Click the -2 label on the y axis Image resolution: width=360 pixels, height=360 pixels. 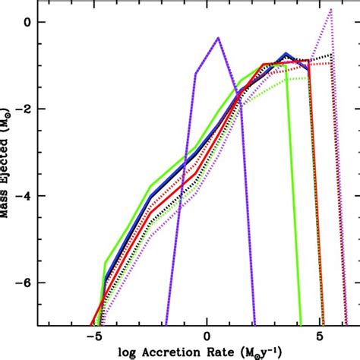[22, 109]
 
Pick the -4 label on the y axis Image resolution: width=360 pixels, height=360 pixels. [22, 195]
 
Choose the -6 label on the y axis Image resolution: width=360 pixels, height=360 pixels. [22, 282]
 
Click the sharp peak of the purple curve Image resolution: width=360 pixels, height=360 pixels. [218, 37]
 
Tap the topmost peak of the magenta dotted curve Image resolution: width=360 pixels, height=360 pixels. [331, 9]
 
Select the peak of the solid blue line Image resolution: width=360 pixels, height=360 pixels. [286, 54]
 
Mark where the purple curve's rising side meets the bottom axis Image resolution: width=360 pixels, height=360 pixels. [165, 324]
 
